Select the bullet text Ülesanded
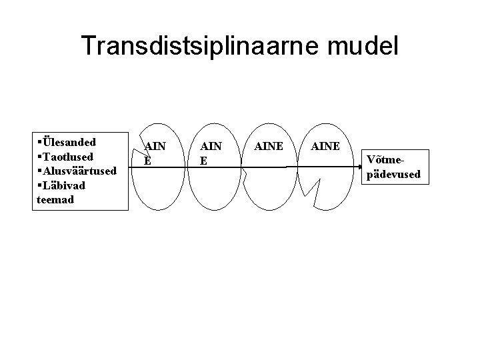[x=69, y=142]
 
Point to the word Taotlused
[x=68, y=157]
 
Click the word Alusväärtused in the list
[x=79, y=171]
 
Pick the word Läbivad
[x=66, y=185]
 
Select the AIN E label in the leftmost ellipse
[x=154, y=153]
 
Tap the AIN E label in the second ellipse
[x=209, y=153]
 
